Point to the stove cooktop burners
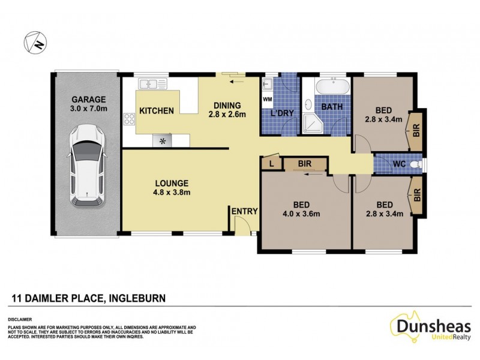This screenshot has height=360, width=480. click(x=128, y=118)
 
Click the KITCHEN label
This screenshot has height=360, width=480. click(x=157, y=111)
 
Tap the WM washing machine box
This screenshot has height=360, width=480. click(x=268, y=98)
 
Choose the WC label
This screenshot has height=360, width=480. click(x=400, y=163)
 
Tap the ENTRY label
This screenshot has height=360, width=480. click(x=244, y=211)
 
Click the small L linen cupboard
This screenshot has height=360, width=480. click(x=272, y=163)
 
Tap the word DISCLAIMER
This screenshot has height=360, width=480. click(x=20, y=320)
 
